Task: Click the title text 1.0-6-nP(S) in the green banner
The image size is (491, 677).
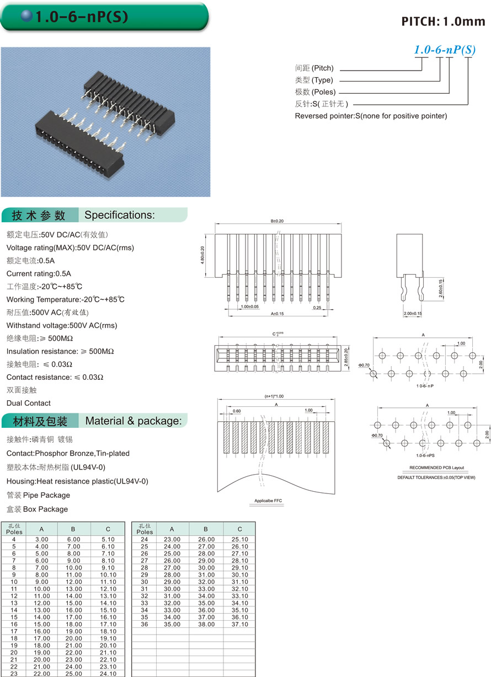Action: tap(82, 17)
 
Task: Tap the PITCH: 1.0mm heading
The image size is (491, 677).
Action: tap(443, 22)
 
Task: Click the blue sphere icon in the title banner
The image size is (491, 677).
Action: tap(27, 16)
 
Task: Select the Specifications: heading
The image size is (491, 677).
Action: tap(120, 215)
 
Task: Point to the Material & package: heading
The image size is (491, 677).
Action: tap(134, 421)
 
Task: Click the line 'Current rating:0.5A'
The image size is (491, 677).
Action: tap(39, 273)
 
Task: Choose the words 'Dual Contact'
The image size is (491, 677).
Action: tap(28, 403)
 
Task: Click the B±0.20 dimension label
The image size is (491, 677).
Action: tap(277, 221)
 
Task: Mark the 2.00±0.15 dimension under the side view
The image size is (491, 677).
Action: tap(413, 314)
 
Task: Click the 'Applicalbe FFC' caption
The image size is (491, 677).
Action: tap(268, 501)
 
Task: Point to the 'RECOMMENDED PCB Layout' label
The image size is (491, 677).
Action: tap(436, 468)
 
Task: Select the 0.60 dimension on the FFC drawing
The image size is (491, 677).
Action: tap(237, 411)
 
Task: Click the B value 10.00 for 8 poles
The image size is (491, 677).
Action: tap(74, 567)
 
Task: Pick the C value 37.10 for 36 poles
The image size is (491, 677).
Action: tap(240, 624)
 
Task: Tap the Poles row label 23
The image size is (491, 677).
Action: tap(14, 674)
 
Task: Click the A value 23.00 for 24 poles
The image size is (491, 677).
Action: tap(172, 539)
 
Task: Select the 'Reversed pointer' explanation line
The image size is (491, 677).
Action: tap(371, 116)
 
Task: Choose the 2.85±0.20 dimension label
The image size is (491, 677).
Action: tap(346, 358)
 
